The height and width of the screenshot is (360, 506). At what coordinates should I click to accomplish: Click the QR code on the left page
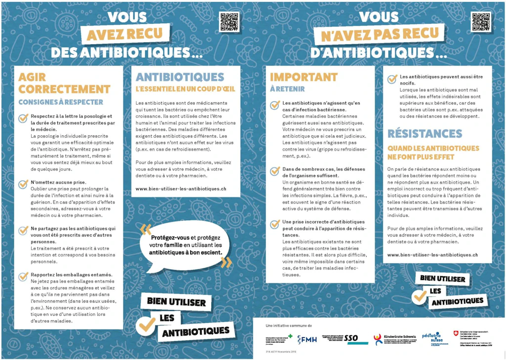[x=229, y=22]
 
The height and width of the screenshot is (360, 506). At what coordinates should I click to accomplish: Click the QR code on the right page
[x=481, y=22]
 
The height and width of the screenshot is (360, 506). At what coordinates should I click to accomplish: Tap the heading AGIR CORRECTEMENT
[x=64, y=83]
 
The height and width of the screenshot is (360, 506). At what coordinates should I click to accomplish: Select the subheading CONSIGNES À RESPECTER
[x=60, y=102]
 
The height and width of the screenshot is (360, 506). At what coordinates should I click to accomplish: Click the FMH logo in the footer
[x=308, y=339]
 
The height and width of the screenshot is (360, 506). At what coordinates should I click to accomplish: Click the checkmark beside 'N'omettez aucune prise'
[x=23, y=184]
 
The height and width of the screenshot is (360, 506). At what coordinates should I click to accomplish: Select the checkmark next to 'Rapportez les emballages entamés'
[x=23, y=277]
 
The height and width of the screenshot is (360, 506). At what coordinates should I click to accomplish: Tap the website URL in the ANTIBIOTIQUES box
[x=180, y=188]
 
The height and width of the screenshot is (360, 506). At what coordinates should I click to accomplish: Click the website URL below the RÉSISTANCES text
[x=432, y=255]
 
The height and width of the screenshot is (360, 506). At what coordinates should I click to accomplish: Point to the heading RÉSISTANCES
[x=424, y=133]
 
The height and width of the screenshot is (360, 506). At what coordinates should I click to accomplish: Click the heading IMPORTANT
[x=303, y=77]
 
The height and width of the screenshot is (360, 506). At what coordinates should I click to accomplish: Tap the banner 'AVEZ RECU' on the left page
[x=128, y=35]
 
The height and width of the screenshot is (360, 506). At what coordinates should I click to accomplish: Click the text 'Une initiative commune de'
[x=289, y=326]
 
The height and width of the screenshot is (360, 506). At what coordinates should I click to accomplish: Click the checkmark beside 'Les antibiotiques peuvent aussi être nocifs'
[x=392, y=79]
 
